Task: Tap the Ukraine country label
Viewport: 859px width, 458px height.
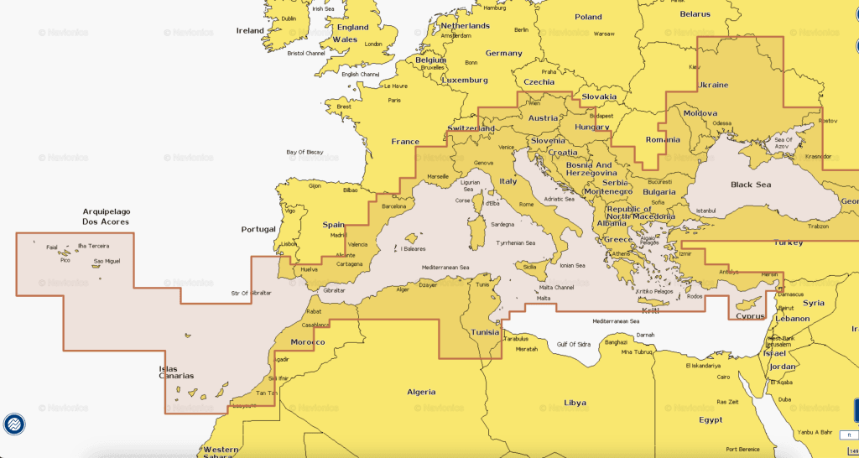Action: [713, 86]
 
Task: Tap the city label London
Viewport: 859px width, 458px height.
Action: [373, 44]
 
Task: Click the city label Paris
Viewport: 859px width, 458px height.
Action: [394, 100]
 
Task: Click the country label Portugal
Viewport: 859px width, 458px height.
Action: [258, 229]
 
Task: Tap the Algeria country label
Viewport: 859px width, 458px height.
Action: [421, 392]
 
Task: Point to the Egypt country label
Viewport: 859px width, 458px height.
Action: [711, 419]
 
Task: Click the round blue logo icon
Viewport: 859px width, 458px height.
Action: [13, 424]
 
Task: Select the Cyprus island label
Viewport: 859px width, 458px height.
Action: [750, 316]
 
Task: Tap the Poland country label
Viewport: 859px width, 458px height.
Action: [588, 17]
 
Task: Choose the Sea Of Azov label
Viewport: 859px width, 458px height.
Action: [784, 143]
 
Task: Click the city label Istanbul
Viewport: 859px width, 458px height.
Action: [706, 210]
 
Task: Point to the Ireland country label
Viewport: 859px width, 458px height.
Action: [250, 31]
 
